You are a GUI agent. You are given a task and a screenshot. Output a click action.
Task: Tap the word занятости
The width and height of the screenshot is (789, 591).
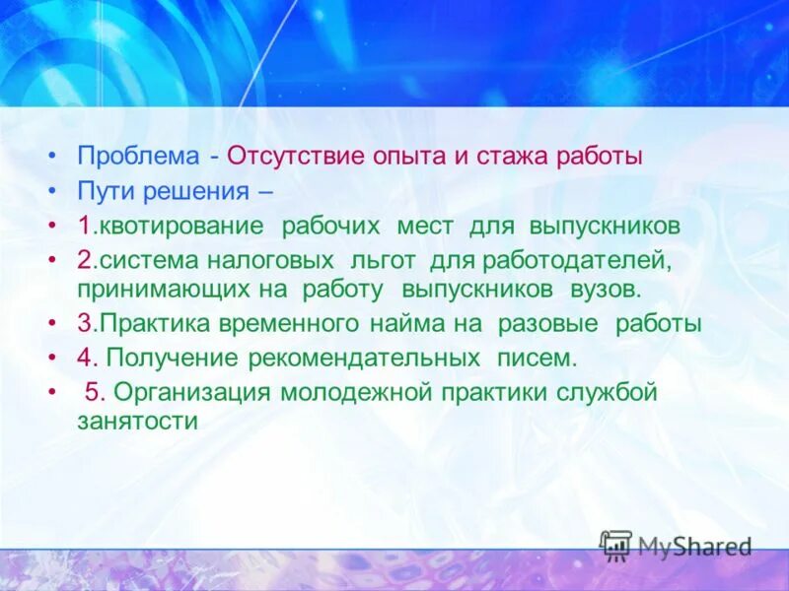(138, 420)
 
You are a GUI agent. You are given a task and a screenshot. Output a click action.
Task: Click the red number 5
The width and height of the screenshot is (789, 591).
(92, 392)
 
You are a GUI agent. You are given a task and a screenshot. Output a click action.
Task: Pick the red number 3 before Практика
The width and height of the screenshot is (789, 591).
(85, 323)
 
